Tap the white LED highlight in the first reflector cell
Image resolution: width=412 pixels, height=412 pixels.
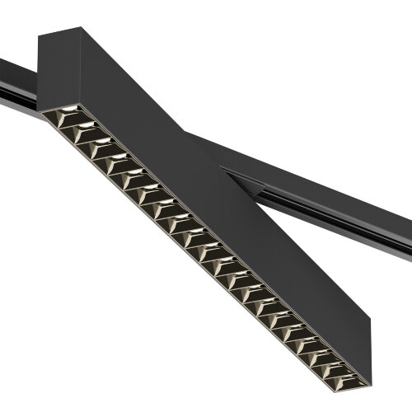pos(70,110)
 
